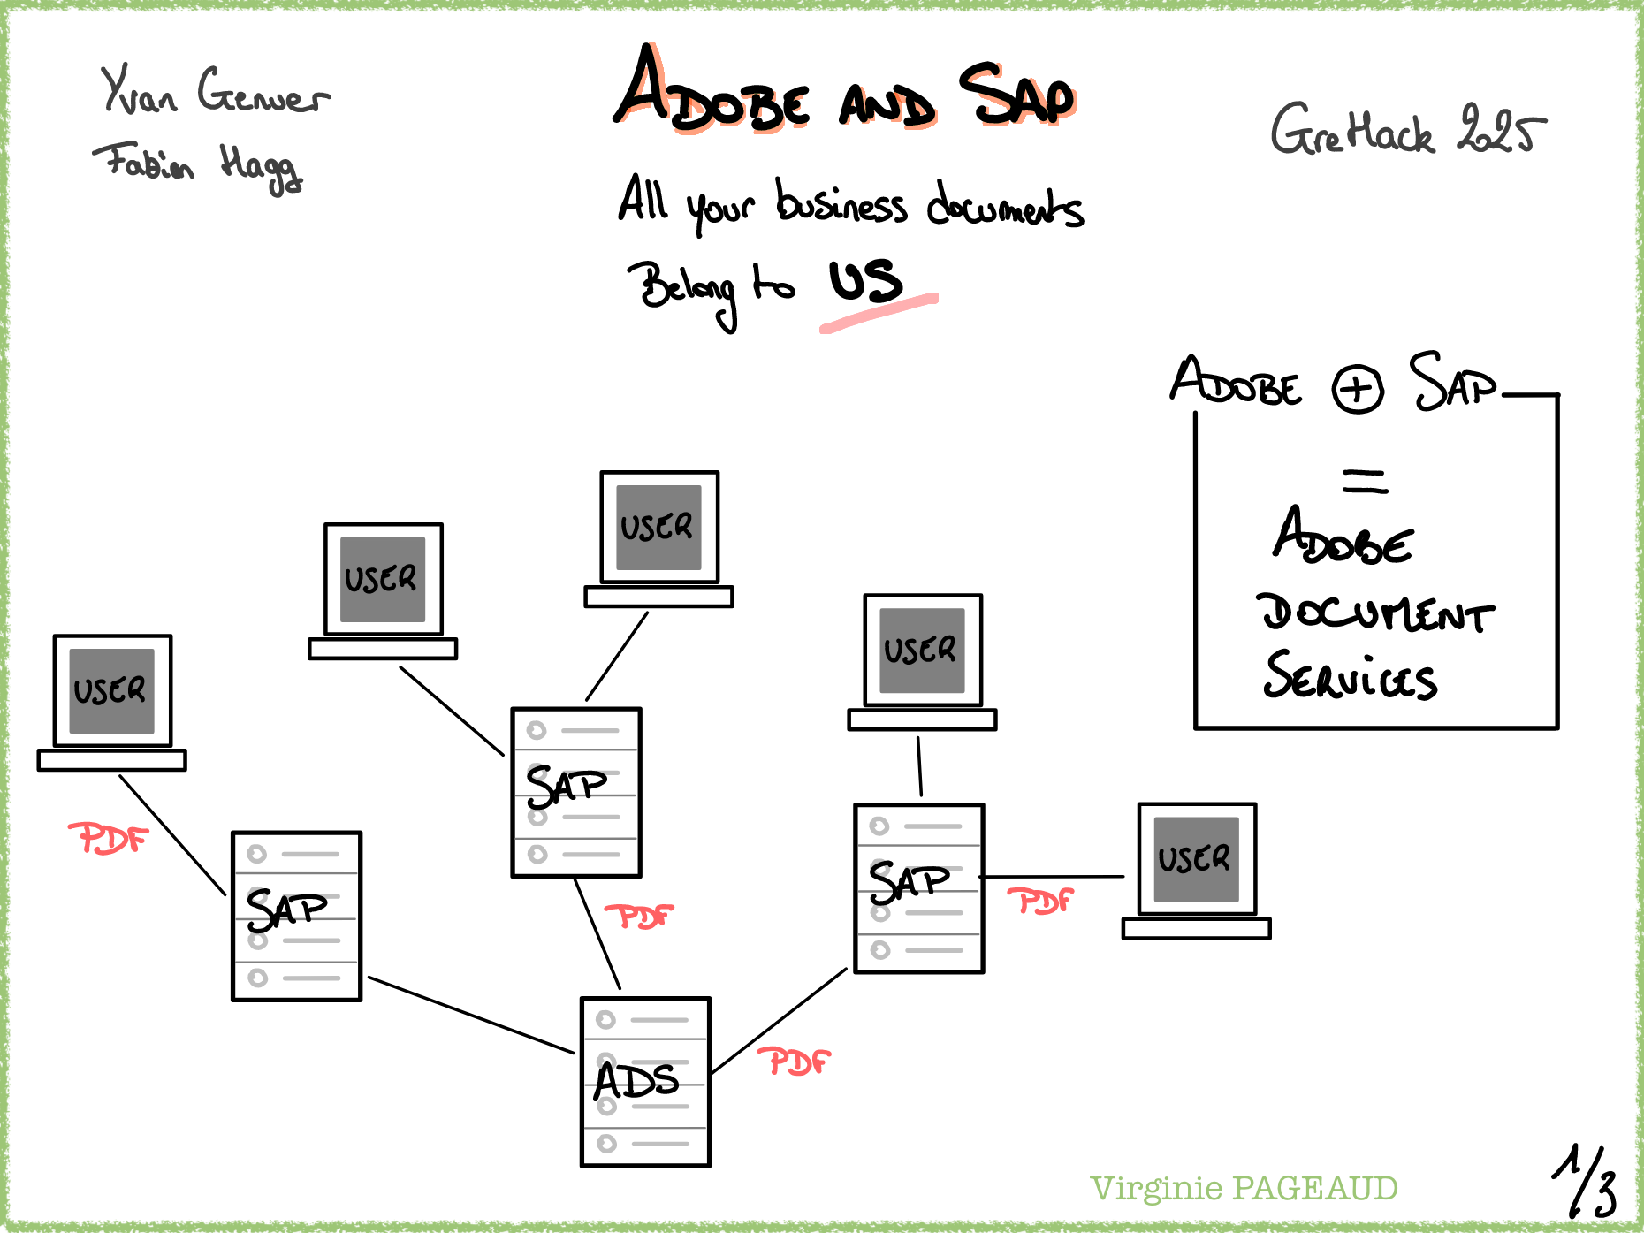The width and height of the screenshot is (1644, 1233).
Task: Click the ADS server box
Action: coord(645,1082)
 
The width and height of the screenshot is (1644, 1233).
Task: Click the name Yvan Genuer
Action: coord(215,92)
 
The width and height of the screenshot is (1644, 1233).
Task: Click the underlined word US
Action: coord(866,282)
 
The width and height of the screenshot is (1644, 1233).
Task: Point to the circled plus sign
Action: coord(1358,389)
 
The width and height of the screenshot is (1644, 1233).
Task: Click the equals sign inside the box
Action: coord(1365,482)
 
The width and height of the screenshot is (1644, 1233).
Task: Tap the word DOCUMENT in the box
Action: coord(1374,613)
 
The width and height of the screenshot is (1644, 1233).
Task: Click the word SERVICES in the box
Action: coord(1350,678)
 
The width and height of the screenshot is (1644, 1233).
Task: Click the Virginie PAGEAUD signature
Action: coord(1244,1189)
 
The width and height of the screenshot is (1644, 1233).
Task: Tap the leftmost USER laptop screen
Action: coord(112,691)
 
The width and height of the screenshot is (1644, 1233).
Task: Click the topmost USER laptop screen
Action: coord(658,527)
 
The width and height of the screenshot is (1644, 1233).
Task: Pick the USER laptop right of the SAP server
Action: coord(1197,859)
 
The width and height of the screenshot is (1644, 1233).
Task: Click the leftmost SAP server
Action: coord(296,916)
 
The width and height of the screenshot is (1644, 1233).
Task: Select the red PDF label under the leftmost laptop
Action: coord(108,838)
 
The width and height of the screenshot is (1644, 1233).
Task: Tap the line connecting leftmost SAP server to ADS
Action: coord(470,1015)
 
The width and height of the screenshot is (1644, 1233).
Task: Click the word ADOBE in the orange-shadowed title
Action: coord(712,95)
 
